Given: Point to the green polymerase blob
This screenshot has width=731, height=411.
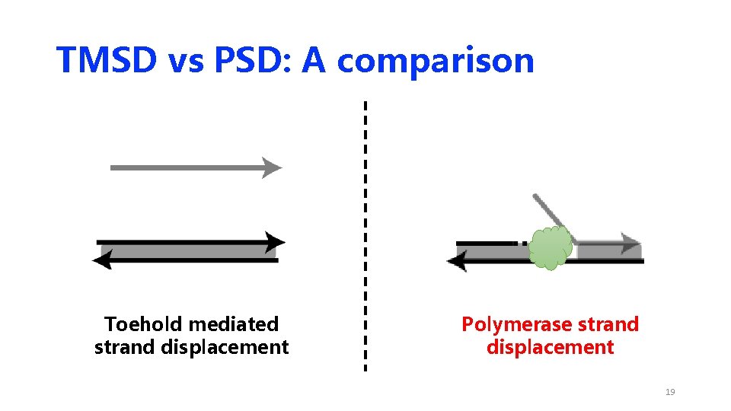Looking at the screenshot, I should (x=551, y=247).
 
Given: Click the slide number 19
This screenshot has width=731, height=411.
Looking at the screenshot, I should (x=670, y=392).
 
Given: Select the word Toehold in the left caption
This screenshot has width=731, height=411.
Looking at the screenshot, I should (x=143, y=324).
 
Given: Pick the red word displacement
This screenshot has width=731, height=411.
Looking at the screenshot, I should (x=550, y=348).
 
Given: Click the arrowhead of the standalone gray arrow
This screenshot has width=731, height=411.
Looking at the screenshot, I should (x=272, y=167).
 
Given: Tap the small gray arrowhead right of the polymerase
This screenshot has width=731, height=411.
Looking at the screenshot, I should (x=631, y=244).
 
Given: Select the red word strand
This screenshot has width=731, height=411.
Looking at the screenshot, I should (x=608, y=325).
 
